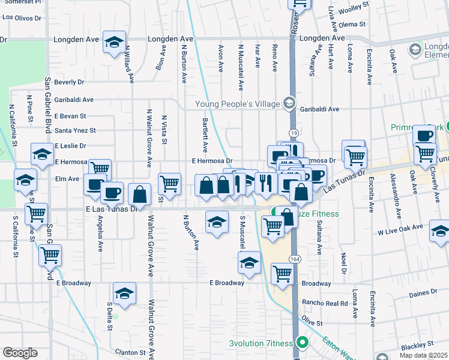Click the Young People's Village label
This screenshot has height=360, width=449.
[x=238, y=104]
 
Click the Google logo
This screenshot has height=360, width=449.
[x=20, y=353]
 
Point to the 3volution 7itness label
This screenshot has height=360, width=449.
[x=261, y=344]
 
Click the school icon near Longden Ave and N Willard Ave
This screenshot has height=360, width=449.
[x=114, y=42]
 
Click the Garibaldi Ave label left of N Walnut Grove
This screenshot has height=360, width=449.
[x=74, y=100]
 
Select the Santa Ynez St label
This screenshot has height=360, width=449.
[x=75, y=130]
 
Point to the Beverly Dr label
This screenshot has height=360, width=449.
[x=69, y=82]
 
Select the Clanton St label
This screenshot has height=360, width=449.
[x=131, y=352]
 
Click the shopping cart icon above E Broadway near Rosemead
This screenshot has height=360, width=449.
[x=282, y=274]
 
